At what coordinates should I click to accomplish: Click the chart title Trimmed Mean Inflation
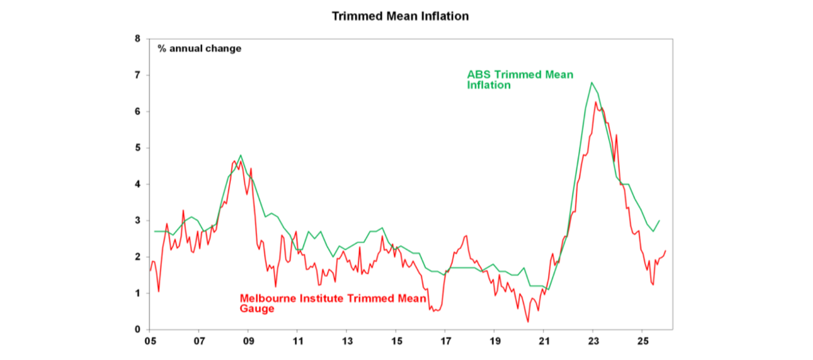(400, 16)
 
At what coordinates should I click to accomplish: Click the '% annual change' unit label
(199, 49)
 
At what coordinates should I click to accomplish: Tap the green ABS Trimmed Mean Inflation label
(519, 79)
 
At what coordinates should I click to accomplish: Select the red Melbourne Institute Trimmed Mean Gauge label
(333, 303)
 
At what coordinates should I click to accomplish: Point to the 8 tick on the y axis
(138, 39)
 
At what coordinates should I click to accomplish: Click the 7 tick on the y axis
(138, 75)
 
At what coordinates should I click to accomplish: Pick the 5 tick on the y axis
(138, 148)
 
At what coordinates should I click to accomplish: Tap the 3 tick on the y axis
(138, 221)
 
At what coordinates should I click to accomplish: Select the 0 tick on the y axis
(138, 329)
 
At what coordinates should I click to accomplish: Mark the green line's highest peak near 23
(591, 83)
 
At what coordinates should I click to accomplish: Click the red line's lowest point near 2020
(528, 321)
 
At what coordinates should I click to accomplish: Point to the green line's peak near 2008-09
(241, 155)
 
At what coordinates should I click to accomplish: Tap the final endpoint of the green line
(660, 220)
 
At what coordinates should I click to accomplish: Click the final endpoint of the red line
(665, 250)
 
